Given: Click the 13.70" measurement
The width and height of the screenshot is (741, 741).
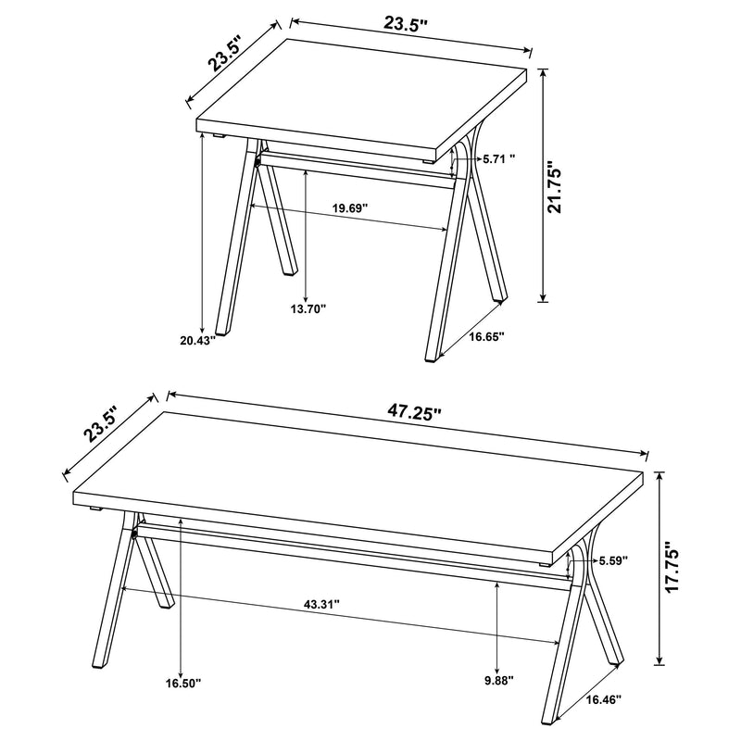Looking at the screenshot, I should [x=308, y=308].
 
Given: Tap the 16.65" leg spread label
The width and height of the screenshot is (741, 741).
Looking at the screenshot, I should [x=485, y=337].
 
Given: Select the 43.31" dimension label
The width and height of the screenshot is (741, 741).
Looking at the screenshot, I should [x=321, y=604].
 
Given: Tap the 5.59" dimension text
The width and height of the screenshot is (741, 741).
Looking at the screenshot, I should [x=613, y=560].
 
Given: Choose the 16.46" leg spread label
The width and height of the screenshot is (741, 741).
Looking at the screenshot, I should [x=602, y=699].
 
